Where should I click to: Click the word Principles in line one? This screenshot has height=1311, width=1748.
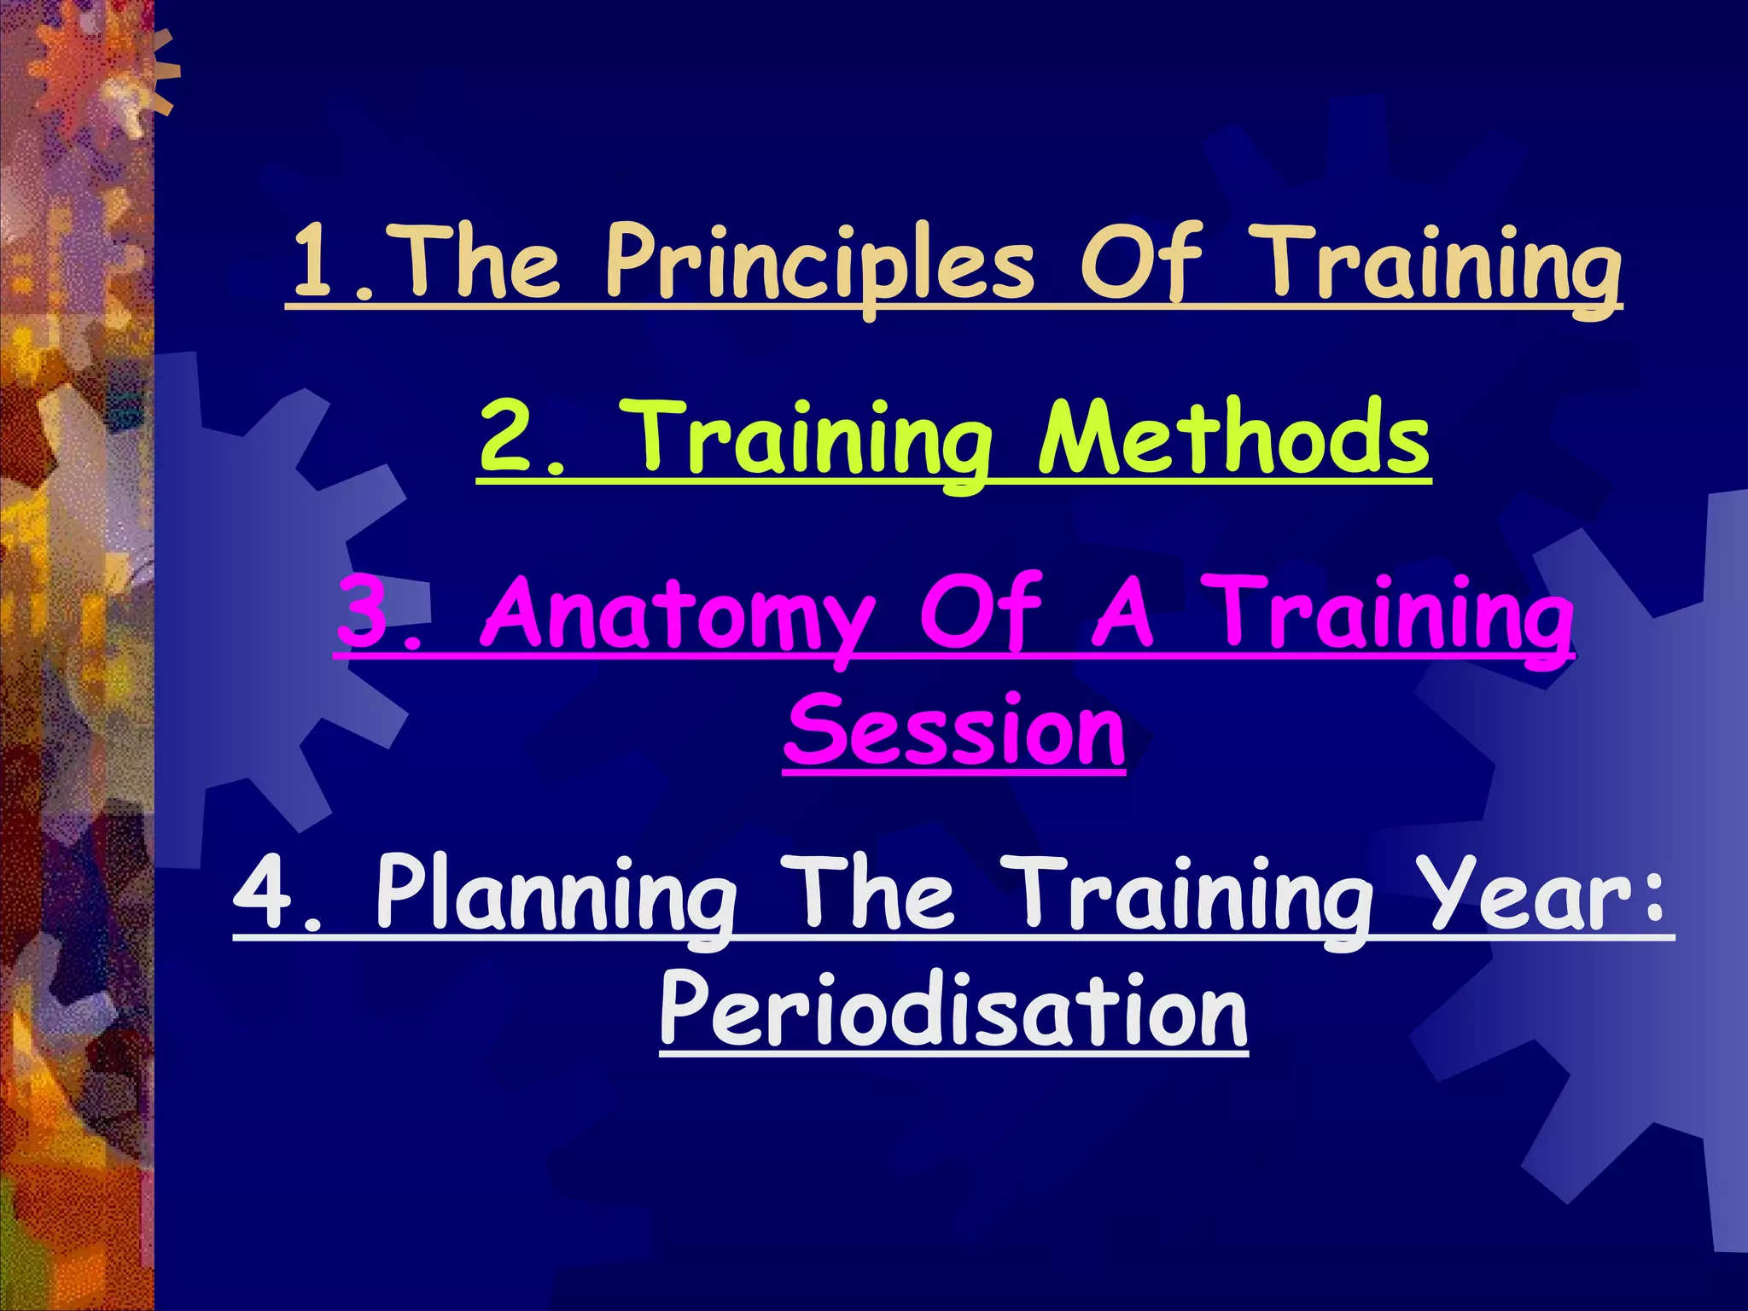[x=819, y=263]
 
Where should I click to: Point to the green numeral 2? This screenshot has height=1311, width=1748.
[x=509, y=437]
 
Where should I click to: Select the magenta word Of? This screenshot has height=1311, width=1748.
[x=981, y=613]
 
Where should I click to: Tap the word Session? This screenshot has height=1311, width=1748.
[x=954, y=731]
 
